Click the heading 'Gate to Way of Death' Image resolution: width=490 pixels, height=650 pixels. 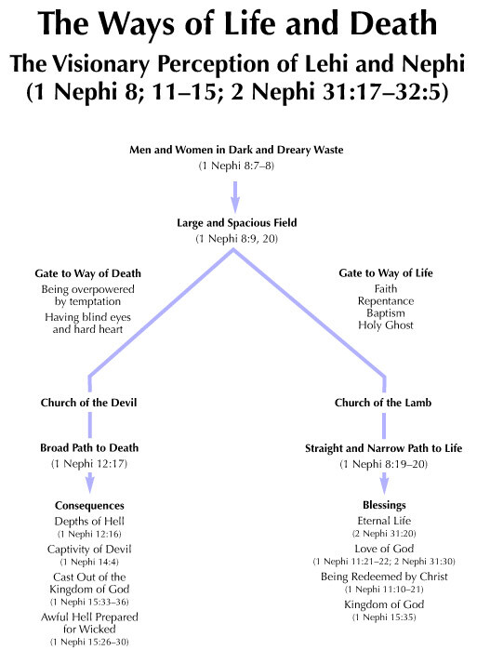click(x=88, y=273)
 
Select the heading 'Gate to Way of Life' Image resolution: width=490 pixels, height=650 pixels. click(x=386, y=273)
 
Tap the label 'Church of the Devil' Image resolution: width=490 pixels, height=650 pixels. click(x=88, y=403)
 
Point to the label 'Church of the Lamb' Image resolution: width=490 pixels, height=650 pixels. click(x=383, y=403)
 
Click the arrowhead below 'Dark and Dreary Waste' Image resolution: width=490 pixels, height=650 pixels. click(x=235, y=205)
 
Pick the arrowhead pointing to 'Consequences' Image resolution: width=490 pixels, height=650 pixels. click(x=90, y=485)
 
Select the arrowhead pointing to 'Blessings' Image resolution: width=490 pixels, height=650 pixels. click(x=384, y=485)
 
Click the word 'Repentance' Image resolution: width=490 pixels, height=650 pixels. click(x=386, y=301)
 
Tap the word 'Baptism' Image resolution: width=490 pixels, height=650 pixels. click(x=386, y=313)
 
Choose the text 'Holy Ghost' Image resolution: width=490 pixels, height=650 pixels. click(x=386, y=325)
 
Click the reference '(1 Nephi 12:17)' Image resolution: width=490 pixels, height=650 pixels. click(x=89, y=463)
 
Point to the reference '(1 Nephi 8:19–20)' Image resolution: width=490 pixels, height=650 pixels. click(x=383, y=464)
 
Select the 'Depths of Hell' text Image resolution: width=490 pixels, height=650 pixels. click(x=89, y=521)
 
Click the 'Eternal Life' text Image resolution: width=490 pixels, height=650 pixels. click(x=384, y=521)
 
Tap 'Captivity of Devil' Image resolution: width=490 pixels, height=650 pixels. click(x=89, y=550)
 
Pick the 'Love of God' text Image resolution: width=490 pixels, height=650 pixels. click(x=384, y=549)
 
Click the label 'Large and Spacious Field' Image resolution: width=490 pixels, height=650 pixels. click(x=237, y=223)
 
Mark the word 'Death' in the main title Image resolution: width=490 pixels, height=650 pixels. click(x=393, y=23)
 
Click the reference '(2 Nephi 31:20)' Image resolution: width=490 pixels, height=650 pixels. click(x=384, y=534)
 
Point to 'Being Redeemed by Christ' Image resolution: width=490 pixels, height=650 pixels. click(x=384, y=577)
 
